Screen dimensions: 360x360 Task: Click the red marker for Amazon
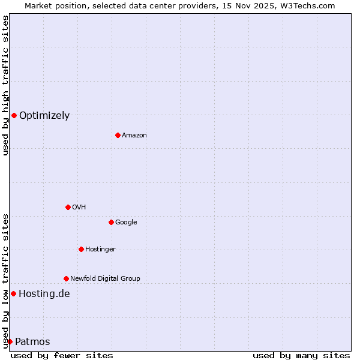tap(118, 135)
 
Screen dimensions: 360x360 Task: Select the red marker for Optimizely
tap(14, 115)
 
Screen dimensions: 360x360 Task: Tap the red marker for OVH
tap(68, 207)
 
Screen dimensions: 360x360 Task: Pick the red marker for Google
tap(111, 222)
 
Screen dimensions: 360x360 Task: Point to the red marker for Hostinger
tap(81, 249)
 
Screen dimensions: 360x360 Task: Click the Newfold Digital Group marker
tap(66, 278)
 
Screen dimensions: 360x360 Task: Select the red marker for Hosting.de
tap(13, 293)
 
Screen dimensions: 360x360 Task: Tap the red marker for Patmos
tap(10, 341)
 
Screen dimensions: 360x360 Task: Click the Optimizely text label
tap(44, 116)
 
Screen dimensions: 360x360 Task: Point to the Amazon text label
tap(134, 136)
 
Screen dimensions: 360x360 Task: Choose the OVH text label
tap(79, 208)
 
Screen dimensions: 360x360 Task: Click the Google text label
tap(126, 223)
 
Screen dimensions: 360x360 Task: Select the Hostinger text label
tap(100, 250)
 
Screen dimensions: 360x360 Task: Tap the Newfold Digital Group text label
tap(105, 279)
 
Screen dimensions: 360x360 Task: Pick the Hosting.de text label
tap(44, 294)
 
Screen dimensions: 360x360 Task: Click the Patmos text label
tap(32, 342)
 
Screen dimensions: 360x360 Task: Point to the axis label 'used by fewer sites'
tap(62, 355)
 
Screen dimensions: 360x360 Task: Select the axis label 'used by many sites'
tap(301, 355)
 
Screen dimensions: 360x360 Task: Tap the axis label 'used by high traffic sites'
tap(5, 85)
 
